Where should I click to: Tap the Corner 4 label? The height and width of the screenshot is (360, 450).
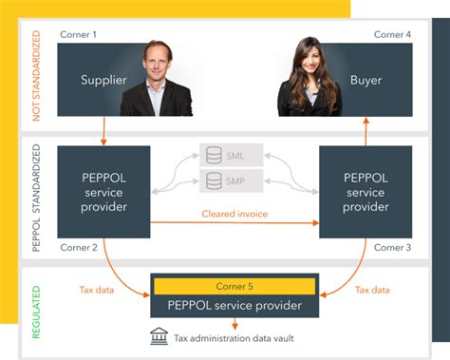pos(391,35)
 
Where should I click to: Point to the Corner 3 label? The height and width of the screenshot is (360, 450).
pos(391,247)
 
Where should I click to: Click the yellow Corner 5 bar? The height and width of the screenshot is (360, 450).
pos(235,286)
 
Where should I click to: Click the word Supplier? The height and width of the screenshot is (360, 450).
pos(103,81)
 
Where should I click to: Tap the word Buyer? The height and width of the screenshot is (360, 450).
pos(366,81)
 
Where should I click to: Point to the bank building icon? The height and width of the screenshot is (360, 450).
pos(159,335)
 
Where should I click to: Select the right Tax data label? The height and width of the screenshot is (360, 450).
pos(372,291)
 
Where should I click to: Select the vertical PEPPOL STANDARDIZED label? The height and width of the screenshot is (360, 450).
pos(37,199)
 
